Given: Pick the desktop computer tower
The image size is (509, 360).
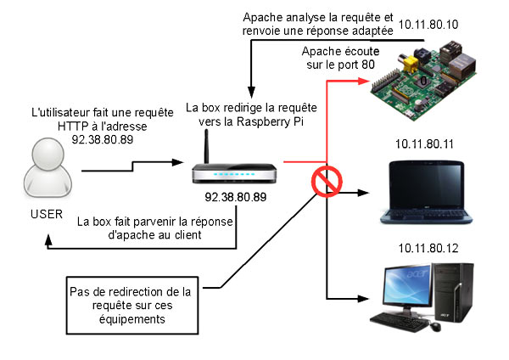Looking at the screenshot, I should (455, 293).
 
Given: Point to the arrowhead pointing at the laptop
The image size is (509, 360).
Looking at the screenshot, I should (366, 190).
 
